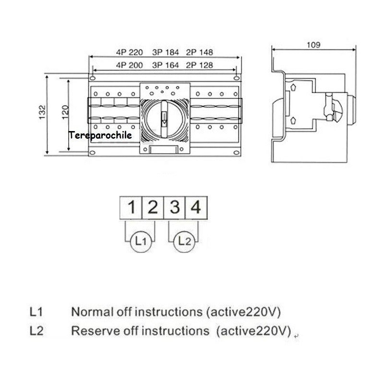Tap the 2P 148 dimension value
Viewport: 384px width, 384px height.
tap(199, 52)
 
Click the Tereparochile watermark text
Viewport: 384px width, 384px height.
tap(100, 136)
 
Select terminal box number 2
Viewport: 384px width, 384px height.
tap(152, 208)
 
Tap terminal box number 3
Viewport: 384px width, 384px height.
tap(174, 208)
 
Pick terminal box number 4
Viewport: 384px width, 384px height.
tap(195, 208)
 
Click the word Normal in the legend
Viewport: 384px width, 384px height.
tap(88, 312)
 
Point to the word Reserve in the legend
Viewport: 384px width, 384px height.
tap(91, 331)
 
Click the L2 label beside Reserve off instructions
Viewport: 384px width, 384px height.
tap(36, 331)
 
